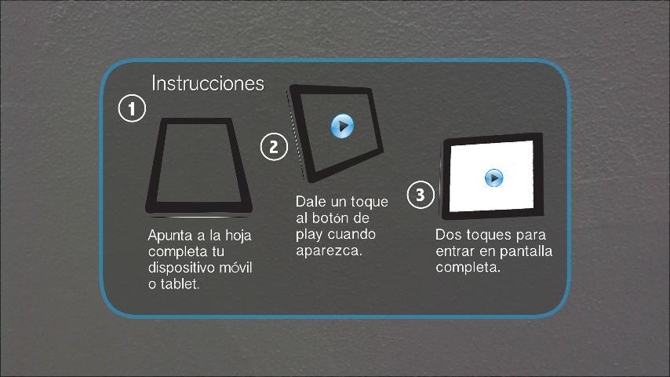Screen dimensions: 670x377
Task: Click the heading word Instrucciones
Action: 208,83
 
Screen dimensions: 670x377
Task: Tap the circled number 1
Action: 132,108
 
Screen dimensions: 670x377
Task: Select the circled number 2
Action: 274,147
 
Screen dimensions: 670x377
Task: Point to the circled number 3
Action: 421,195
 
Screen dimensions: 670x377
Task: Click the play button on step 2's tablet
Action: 343,126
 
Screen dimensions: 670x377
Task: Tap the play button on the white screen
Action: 494,178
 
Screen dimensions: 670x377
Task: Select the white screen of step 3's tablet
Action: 492,176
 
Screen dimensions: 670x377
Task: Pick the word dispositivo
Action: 181,268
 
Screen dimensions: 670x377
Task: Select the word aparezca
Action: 329,251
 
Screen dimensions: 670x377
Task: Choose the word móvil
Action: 235,268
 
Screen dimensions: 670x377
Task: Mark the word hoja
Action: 238,236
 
